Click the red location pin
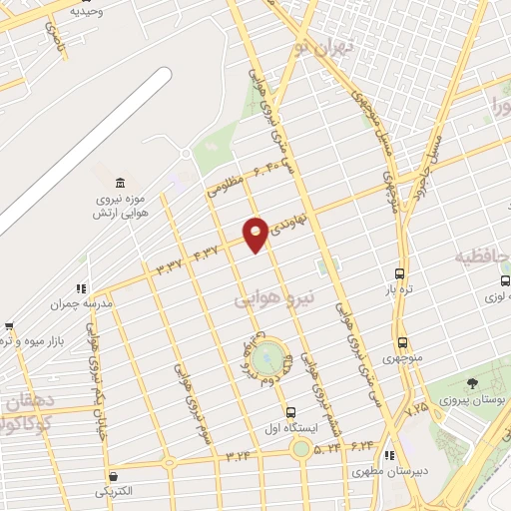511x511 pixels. coord(255,234)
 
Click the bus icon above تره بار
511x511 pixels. coord(399,273)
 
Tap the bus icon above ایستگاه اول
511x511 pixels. coord(290,411)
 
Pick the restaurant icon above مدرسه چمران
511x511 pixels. coord(80,289)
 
